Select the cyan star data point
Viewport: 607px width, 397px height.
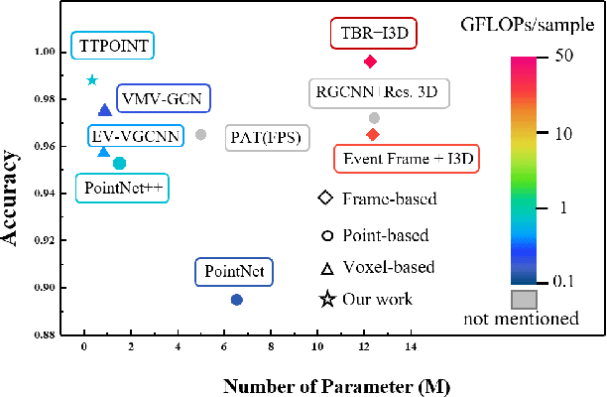(x=92, y=80)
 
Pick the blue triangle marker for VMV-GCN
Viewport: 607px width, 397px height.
(x=105, y=110)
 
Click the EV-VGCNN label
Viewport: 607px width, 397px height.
(x=136, y=136)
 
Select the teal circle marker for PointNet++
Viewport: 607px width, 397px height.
(x=120, y=163)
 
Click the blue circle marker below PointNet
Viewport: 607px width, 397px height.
(x=236, y=300)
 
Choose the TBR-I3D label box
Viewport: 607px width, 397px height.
(x=372, y=35)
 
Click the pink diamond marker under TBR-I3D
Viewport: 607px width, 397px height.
(x=370, y=62)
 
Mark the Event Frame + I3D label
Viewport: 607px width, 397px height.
(x=410, y=158)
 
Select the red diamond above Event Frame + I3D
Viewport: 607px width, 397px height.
(x=372, y=134)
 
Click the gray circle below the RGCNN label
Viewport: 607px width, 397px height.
(x=373, y=118)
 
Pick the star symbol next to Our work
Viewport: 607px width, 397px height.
(x=325, y=299)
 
